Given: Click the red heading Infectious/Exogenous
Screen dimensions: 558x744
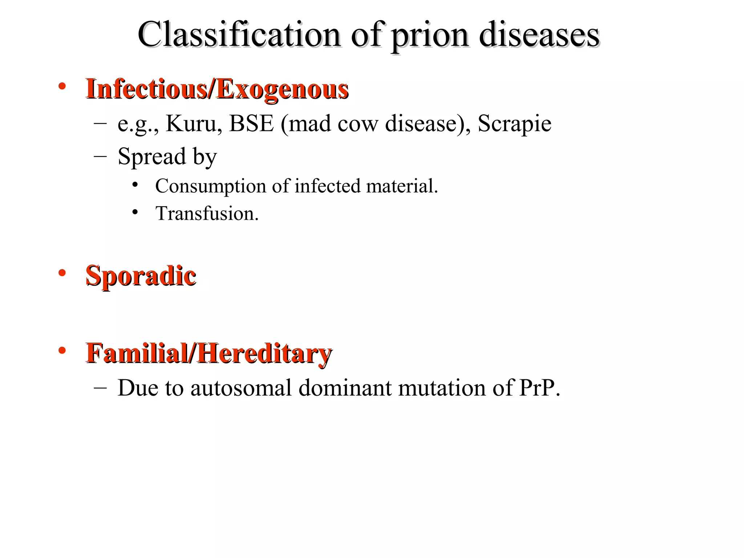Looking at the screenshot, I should pos(217,89).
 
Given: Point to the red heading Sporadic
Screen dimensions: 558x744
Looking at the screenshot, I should pos(141,276).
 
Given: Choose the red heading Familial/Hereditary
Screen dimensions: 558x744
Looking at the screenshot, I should pos(209,353).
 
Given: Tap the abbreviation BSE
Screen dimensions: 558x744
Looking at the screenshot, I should pos(251,124).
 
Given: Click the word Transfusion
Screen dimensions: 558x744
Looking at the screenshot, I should pos(206,214).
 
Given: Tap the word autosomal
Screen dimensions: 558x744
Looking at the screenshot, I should pos(241,388).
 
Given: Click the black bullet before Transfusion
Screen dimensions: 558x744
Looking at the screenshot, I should pos(135,212).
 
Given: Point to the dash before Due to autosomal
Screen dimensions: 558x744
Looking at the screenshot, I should pos(100,388).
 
